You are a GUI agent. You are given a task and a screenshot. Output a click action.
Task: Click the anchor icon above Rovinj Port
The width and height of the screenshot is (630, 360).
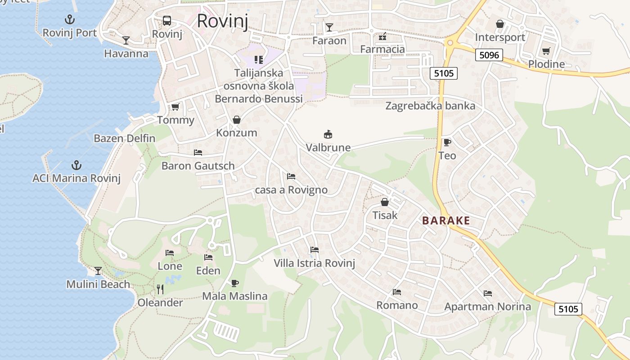pos(70,19)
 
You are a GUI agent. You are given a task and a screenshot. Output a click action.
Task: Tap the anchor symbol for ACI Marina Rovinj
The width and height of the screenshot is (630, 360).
pos(76,165)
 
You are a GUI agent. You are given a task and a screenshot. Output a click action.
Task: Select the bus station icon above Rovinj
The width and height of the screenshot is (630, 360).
pos(167,20)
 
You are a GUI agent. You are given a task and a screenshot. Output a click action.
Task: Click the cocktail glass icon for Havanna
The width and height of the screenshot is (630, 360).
pos(126,40)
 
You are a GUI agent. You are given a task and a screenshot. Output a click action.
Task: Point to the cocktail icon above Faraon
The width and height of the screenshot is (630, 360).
pos(329,27)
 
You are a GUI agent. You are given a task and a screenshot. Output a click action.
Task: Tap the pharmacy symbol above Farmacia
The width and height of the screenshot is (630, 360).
pos(382,36)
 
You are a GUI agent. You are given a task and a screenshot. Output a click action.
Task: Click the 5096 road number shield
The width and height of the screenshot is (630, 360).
pos(489,55)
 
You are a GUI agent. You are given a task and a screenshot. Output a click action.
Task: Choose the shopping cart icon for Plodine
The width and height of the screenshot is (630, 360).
pos(546,51)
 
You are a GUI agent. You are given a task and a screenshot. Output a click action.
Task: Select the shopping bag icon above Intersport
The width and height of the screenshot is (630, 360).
pos(500,24)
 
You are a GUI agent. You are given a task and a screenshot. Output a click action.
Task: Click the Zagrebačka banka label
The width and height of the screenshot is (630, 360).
pos(430,106)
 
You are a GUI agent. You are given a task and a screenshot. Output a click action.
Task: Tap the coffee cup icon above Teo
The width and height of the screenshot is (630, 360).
pos(447,142)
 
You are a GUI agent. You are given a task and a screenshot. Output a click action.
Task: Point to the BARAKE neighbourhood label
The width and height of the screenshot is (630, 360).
pos(446,220)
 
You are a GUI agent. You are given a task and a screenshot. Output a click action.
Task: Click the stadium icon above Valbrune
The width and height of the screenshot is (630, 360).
pos(328,134)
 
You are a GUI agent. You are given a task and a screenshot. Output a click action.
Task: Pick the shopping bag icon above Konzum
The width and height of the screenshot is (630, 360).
pos(236,120)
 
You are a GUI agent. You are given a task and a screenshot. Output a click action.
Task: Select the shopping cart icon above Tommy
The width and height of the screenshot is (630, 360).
pos(175,107)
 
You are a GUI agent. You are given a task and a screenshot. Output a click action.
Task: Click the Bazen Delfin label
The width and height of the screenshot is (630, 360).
pos(124,138)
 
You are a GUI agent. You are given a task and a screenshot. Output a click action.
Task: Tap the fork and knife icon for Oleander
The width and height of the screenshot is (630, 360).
pos(160,288)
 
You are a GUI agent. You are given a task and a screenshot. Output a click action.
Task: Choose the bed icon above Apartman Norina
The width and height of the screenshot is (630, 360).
pos(488,293)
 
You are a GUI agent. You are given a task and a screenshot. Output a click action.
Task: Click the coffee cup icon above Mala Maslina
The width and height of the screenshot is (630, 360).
pos(234,283)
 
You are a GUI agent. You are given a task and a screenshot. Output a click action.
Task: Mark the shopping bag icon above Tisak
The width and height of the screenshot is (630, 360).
pos(385,202)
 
